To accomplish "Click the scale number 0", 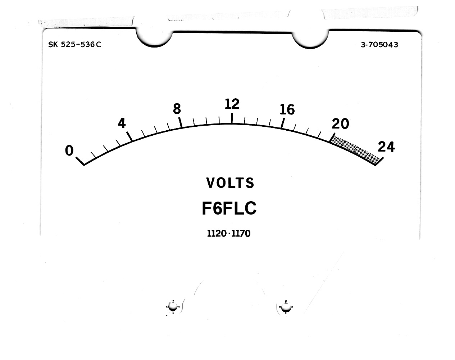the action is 69,150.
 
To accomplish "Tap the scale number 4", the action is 122,123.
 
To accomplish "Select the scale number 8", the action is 177,109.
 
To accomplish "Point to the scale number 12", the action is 232,104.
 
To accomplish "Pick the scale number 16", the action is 287,110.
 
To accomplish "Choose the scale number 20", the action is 340,124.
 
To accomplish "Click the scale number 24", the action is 386,147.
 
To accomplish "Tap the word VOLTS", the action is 230,183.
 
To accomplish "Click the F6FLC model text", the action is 229,208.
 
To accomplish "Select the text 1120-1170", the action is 229,233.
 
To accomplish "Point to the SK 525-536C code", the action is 75,44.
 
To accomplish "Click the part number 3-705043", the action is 379,45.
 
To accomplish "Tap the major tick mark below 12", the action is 232,118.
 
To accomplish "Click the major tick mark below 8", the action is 180,122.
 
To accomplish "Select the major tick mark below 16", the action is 283,123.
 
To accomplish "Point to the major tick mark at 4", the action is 129,136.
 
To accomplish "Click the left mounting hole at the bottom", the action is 173,307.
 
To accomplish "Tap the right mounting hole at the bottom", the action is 286,307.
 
